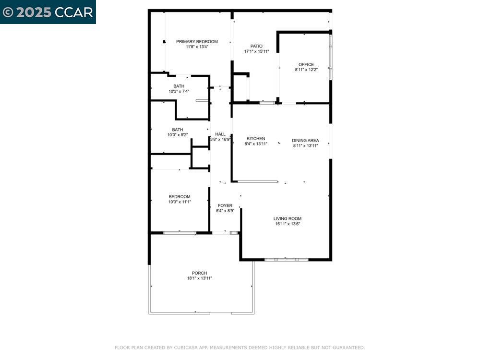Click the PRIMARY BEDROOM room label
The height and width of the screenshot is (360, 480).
tap(197, 42)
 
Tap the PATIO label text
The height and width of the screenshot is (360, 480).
tap(256, 46)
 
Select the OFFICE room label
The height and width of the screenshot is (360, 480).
tap(306, 64)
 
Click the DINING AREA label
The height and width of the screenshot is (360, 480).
tap(305, 141)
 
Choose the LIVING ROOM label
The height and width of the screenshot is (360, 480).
tap(288, 219)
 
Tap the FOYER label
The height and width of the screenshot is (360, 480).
tap(225, 205)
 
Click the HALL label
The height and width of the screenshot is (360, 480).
tap(220, 134)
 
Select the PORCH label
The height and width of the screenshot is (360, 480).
tap(200, 273)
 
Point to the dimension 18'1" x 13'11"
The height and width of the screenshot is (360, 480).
tap(200, 278)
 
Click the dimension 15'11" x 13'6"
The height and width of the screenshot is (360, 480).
tap(288, 224)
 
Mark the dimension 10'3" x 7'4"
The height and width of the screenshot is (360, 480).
tap(179, 91)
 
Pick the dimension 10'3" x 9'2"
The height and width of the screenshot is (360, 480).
tap(178, 135)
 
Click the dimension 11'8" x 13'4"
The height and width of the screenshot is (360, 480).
tap(197, 47)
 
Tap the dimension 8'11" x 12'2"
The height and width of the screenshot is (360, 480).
tap(306, 70)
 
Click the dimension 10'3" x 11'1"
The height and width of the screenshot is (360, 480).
tap(180, 202)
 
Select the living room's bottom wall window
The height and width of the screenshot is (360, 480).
tap(286, 259)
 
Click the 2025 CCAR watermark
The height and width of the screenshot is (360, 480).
tap(48, 12)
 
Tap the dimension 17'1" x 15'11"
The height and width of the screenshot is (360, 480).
tap(256, 51)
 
